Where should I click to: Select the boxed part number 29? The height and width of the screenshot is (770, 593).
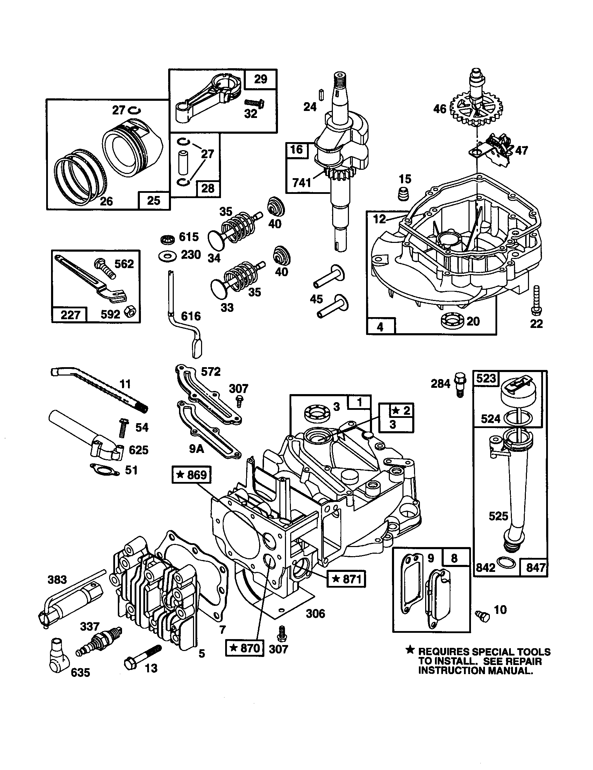260,79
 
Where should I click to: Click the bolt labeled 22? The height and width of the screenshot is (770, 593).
536,300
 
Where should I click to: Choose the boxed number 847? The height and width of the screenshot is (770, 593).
536,568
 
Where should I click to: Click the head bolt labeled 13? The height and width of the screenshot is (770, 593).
142,657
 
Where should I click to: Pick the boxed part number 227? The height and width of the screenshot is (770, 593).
70,315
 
